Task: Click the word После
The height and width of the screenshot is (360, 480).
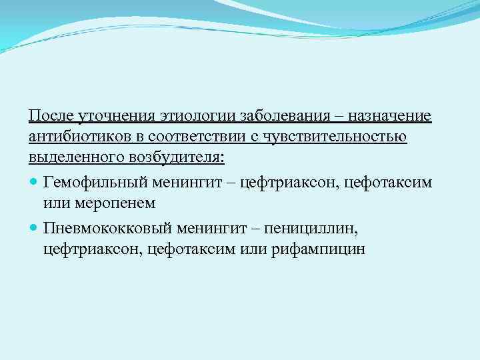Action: coord(51,117)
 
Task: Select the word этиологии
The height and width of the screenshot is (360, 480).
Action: coord(191,117)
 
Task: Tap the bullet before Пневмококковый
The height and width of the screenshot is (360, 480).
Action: coord(34,228)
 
